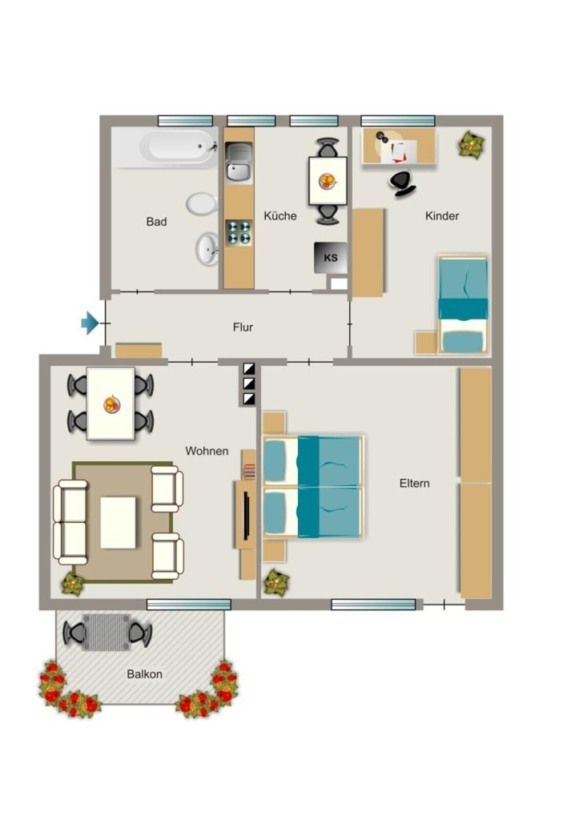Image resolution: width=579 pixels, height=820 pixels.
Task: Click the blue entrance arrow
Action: [90, 324]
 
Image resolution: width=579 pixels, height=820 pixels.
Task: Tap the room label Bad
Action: [156, 222]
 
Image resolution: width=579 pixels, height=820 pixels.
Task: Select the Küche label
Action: [279, 215]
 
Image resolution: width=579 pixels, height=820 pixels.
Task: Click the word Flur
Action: [243, 328]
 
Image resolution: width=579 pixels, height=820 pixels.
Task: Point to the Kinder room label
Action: [442, 215]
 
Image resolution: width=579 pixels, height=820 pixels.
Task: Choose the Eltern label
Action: [414, 483]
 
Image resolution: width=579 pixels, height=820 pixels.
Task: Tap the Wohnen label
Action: [207, 451]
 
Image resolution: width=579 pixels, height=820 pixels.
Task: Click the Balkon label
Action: [144, 674]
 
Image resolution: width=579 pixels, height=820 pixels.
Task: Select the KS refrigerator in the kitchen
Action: [330, 258]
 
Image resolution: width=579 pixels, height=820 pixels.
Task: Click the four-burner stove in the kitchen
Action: [239, 233]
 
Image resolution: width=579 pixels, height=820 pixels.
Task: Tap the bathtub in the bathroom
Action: [179, 147]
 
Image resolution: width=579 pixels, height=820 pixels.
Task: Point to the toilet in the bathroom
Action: [202, 204]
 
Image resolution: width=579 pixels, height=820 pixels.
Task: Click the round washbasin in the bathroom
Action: [207, 249]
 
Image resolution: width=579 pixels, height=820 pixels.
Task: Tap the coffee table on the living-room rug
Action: [119, 522]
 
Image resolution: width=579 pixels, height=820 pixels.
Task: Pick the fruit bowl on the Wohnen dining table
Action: [111, 404]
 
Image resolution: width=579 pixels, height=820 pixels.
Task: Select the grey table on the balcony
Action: [107, 633]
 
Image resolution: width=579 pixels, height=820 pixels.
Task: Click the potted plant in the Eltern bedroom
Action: [276, 583]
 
